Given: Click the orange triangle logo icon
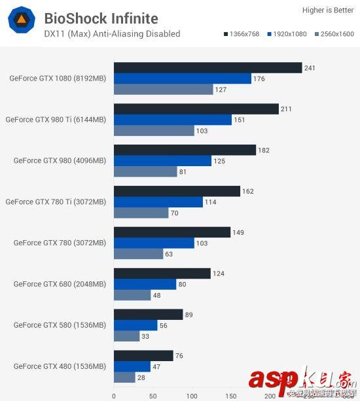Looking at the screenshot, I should point(21,21).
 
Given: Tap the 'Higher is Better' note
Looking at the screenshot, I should point(328,10).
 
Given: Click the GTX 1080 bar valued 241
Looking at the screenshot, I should point(207,67).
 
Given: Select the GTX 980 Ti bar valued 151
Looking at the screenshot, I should point(173,120).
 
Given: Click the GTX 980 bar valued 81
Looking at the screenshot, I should point(145,172).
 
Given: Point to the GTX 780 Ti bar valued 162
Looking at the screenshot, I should point(177,191).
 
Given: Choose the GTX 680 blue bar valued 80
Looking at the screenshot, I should point(145,285).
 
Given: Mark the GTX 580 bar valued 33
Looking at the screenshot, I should point(126,336).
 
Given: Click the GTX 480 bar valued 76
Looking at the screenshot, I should point(143,356).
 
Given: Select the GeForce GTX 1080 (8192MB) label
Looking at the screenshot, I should point(58,78).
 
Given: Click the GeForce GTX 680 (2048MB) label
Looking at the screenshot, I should point(60,285).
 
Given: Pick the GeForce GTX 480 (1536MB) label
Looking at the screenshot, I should point(60,366).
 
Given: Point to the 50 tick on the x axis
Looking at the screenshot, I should point(153,396).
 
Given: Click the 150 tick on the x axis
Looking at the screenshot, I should point(230,396).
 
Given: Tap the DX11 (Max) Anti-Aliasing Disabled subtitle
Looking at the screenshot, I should point(112,33).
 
